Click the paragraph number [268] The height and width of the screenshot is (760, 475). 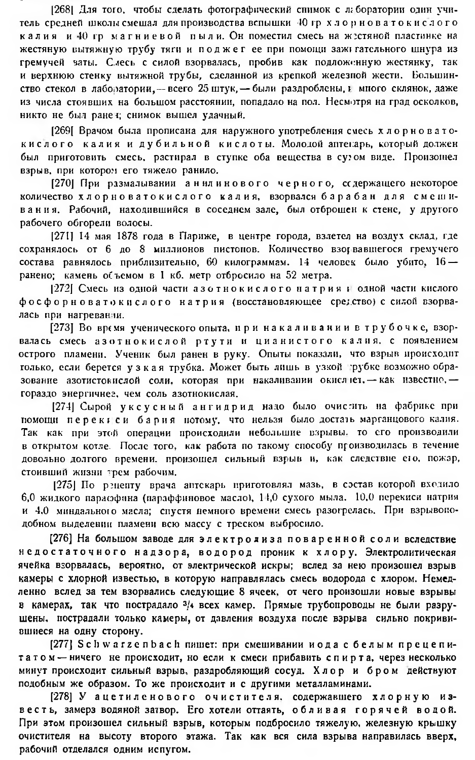[63, 10]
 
